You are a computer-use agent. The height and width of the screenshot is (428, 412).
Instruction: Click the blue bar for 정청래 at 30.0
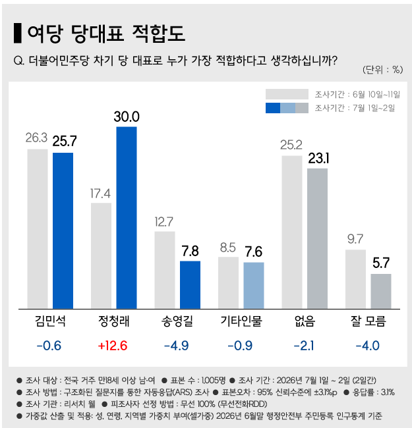(127, 217)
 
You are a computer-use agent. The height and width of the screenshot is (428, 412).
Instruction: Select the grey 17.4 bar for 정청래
(101, 255)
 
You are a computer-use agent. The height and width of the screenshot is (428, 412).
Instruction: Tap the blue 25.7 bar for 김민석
(63, 230)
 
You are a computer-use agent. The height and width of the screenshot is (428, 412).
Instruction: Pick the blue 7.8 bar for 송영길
(190, 285)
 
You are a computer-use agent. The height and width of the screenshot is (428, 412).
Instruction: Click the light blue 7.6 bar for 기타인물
(254, 286)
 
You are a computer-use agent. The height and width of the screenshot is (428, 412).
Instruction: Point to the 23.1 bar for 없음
(318, 238)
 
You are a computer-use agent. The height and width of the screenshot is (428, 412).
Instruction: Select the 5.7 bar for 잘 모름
(381, 291)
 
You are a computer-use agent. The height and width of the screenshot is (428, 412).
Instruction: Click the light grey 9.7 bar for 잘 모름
(356, 279)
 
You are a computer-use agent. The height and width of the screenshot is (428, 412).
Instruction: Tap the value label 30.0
(127, 117)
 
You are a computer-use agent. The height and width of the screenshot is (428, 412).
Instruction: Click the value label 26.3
(37, 138)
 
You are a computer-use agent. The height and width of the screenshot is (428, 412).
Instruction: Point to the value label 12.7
(164, 222)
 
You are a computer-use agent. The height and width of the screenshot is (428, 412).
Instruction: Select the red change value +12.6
(113, 346)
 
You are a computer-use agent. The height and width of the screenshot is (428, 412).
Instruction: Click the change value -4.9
(177, 346)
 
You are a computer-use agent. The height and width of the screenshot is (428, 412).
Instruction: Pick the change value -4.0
(368, 346)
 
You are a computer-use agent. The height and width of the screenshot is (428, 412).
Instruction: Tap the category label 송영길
(177, 321)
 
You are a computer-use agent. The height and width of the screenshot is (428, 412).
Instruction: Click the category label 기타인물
(241, 321)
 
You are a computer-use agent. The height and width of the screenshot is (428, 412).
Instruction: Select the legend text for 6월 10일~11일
(357, 94)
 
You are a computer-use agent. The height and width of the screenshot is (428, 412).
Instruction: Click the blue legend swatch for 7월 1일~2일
(273, 108)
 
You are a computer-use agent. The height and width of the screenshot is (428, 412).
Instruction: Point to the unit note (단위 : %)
(383, 70)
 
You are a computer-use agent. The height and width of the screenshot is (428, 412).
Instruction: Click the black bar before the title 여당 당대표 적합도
(18, 33)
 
